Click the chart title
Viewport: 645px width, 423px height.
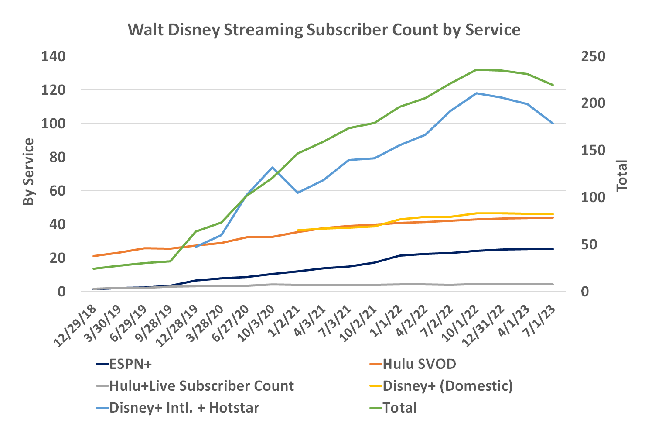coord(324,30)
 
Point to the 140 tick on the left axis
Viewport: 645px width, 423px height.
coord(53,56)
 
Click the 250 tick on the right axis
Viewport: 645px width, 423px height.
coord(593,56)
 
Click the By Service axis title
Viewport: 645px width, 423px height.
coord(28,172)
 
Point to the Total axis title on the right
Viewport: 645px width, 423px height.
coord(621,175)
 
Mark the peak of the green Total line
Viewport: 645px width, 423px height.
coord(477,69)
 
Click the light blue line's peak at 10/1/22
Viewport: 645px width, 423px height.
coord(477,93)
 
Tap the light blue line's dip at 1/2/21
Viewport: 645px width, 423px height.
coord(297,193)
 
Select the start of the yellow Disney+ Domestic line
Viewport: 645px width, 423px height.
coord(297,230)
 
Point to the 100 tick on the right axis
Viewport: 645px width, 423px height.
coord(593,197)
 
